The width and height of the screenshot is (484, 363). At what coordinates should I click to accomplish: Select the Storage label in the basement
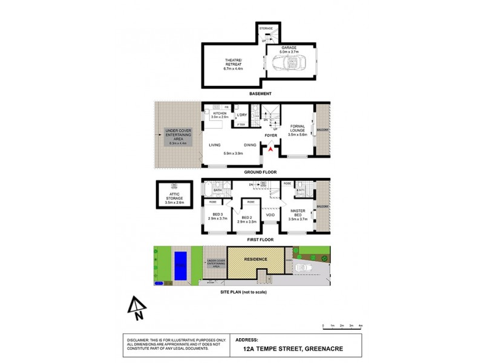[x=266, y=28]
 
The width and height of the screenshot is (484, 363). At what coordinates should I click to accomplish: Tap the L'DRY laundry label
[x=242, y=115]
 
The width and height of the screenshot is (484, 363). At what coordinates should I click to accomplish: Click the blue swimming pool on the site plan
[x=180, y=266]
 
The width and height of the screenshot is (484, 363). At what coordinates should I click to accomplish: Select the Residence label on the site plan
[x=255, y=259]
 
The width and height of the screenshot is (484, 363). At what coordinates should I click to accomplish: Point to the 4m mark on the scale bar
[x=361, y=326]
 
